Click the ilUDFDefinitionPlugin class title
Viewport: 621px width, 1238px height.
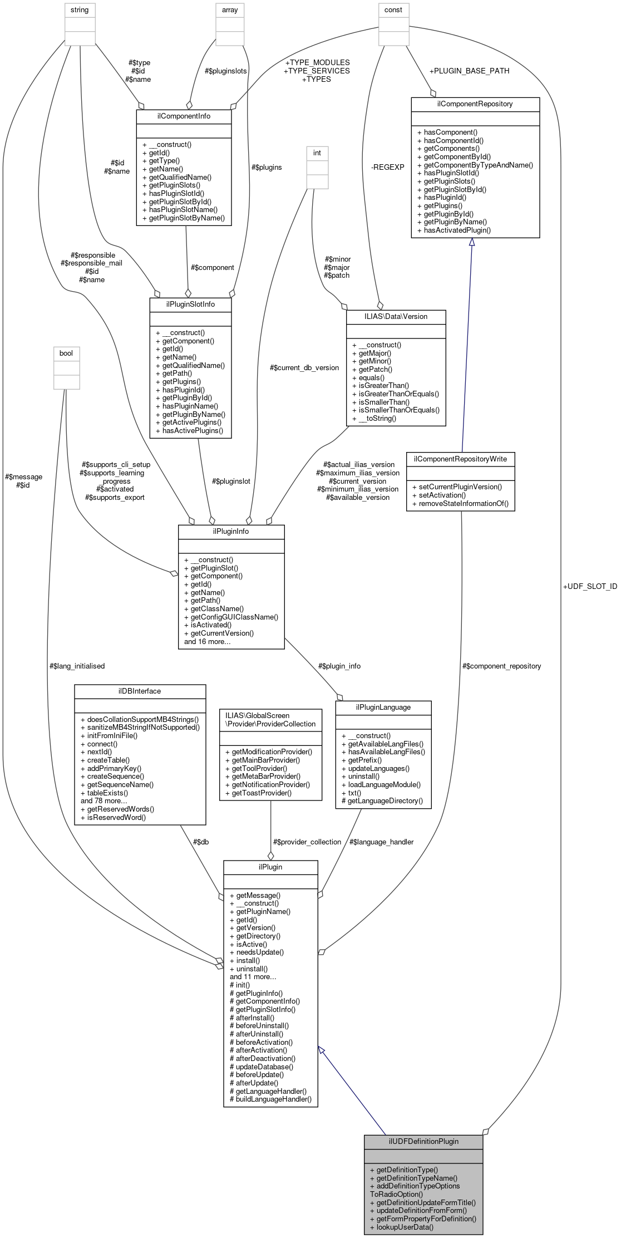[423, 1141]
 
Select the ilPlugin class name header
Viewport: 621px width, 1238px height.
[270, 867]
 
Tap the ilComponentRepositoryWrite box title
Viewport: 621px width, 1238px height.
[460, 458]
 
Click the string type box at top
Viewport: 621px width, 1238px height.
[80, 10]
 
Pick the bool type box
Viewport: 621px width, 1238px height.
[66, 353]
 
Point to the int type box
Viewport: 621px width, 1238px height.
[317, 153]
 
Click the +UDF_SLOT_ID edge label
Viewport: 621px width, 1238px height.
[590, 586]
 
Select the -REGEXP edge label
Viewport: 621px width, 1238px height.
[387, 166]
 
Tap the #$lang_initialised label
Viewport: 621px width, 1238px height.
[77, 666]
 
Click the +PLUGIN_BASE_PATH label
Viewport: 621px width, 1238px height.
[469, 71]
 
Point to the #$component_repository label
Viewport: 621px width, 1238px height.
[501, 666]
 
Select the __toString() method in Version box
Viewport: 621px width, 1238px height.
[377, 418]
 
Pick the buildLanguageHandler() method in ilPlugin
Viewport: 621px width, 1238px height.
[273, 1099]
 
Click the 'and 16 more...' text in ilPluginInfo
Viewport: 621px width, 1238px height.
[208, 641]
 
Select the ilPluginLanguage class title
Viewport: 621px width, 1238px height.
[383, 707]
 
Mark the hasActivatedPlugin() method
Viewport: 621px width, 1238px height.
[457, 230]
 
